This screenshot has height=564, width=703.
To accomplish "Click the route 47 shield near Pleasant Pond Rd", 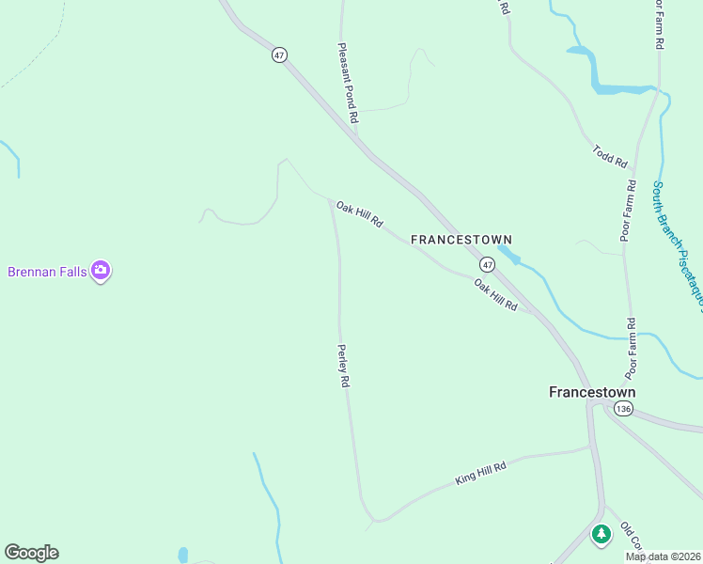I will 279,55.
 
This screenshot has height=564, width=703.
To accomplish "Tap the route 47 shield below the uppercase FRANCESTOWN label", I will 487,264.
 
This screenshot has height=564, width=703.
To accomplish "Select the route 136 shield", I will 622,409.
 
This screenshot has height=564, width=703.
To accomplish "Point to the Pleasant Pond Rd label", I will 348,83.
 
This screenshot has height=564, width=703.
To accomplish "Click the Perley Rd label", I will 344,366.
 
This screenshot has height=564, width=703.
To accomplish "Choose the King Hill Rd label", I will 480,473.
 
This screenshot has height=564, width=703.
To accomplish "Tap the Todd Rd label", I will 610,156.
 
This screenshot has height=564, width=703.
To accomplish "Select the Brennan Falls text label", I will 47,272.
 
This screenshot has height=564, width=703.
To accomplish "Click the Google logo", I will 31,553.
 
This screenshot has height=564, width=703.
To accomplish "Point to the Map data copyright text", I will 663,556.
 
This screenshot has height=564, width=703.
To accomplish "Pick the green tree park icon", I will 601,534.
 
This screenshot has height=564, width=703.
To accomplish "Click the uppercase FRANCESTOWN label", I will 461,241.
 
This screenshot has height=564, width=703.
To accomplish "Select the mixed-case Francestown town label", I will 592,392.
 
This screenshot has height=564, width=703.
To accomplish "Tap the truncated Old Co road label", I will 631,537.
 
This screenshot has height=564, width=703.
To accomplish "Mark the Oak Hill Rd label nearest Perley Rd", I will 360,214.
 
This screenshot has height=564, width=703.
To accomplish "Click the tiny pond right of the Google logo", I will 182,555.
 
